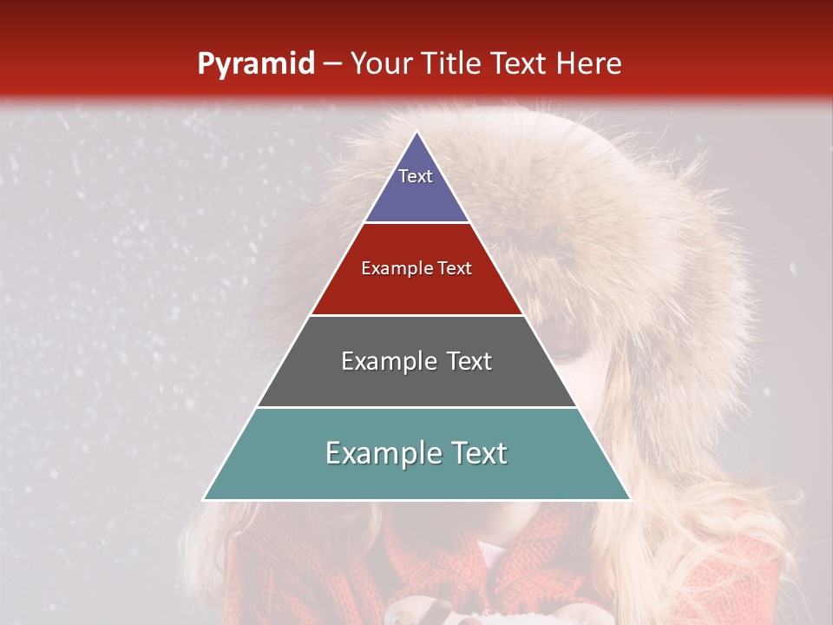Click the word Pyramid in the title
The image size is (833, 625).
[255, 64]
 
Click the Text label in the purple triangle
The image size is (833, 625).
[416, 176]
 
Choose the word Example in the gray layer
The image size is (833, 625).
[389, 361]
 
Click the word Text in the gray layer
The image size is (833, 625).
[469, 361]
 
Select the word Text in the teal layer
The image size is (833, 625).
[477, 453]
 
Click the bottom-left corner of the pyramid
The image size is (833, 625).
[204, 499]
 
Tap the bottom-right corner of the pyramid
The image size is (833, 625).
[630, 499]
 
